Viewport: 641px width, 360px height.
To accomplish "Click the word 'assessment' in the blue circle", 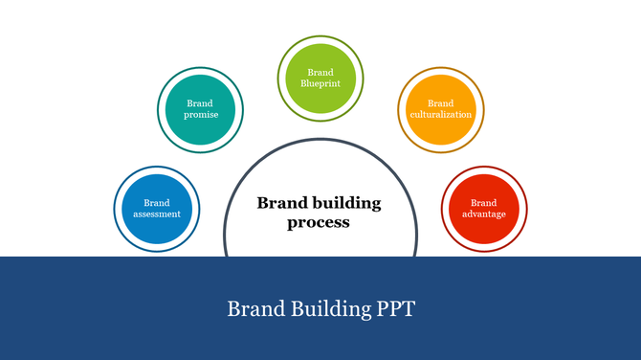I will pos(157,214).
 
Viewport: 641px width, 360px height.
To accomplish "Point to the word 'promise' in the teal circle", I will pos(201,115).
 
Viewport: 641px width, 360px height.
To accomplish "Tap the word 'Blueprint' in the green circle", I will pos(320,83).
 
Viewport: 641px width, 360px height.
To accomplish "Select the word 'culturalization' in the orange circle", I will pos(440,115).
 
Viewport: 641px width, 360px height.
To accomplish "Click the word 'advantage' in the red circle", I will pos(483,214).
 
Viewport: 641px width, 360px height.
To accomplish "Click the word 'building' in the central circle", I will pos(343,203).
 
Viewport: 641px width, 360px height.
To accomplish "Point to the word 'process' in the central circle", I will pos(319,222).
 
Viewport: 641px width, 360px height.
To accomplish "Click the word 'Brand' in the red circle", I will pos(483,202).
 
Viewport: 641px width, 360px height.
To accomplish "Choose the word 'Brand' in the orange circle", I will pos(440,103).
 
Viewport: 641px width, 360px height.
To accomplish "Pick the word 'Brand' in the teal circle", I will pos(200,103).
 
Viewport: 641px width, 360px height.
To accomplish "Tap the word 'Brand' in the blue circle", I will pos(157,202).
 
